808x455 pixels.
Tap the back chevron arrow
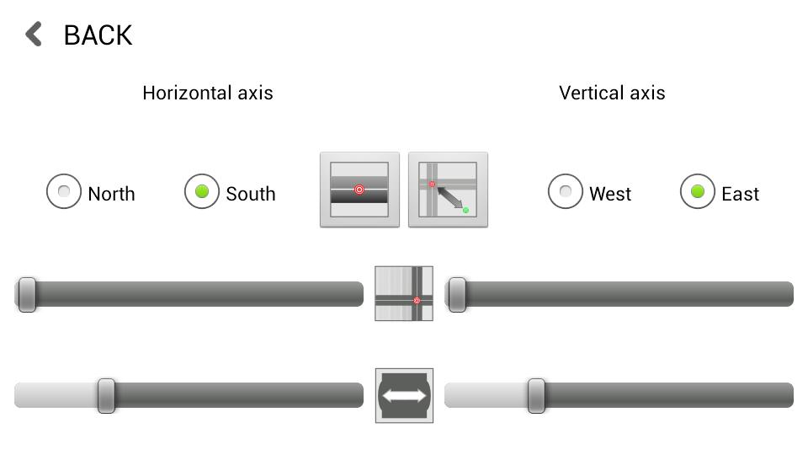[x=34, y=35]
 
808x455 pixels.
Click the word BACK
[x=98, y=35]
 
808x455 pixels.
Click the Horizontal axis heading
[x=208, y=93]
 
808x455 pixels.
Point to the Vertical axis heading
[x=612, y=93]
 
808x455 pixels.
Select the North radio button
[x=64, y=192]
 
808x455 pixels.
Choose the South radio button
[x=202, y=192]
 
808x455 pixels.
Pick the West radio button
[x=566, y=192]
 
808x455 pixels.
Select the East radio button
[x=698, y=192]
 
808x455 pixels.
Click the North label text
[x=111, y=194]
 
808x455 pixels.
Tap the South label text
[x=250, y=194]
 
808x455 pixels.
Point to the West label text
[x=610, y=194]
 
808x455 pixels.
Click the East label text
[x=740, y=194]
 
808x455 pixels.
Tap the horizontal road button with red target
[x=359, y=190]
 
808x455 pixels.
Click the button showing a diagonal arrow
[x=448, y=190]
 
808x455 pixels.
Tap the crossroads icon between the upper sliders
[x=404, y=293]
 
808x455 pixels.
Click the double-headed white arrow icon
[x=404, y=395]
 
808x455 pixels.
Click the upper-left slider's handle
[x=27, y=294]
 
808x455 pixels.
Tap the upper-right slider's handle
[x=457, y=294]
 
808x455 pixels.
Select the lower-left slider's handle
[x=106, y=395]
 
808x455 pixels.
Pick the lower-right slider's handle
[x=536, y=395]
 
